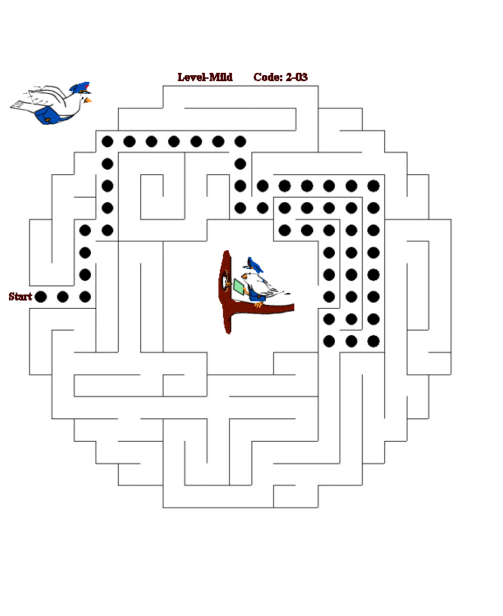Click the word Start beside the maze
[20, 297]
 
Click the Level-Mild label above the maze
[205, 77]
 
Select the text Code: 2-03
[280, 77]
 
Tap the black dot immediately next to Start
[41, 297]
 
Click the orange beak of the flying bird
[89, 99]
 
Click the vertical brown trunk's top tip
[228, 254]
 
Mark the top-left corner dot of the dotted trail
[107, 140]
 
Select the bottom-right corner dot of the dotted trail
[373, 341]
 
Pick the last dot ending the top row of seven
[240, 140]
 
